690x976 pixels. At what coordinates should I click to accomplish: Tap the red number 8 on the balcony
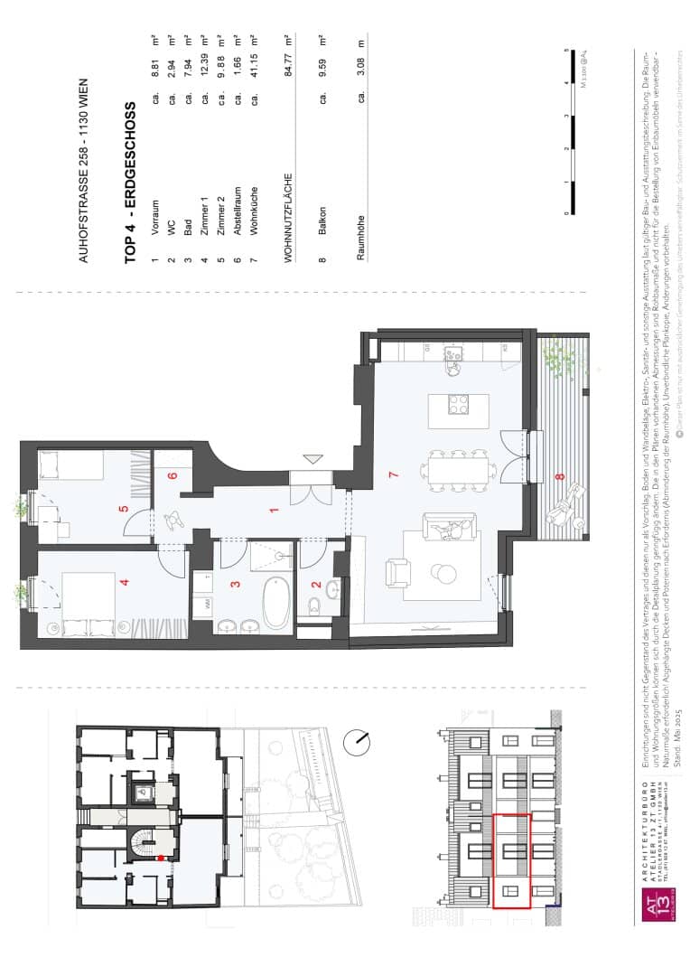click(558, 476)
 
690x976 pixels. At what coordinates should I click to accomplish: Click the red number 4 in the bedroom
click(125, 581)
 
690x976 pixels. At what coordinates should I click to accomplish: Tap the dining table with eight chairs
click(458, 467)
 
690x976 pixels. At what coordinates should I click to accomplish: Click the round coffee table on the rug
click(444, 574)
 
